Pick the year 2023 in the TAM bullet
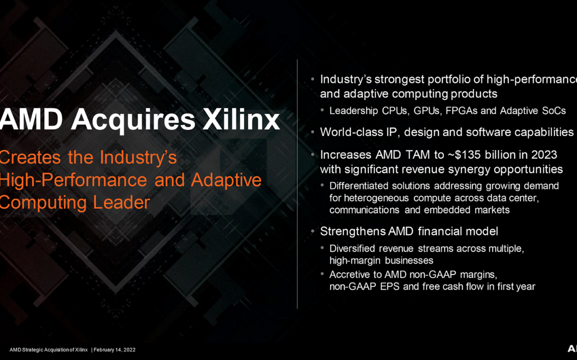tap(541, 155)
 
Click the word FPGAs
tap(462, 111)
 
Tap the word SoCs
tap(553, 111)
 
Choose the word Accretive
tap(350, 274)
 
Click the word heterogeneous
tap(376, 198)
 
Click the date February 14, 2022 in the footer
tap(114, 350)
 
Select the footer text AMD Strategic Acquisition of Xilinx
tap(48, 350)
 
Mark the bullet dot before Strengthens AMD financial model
tap(313, 231)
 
